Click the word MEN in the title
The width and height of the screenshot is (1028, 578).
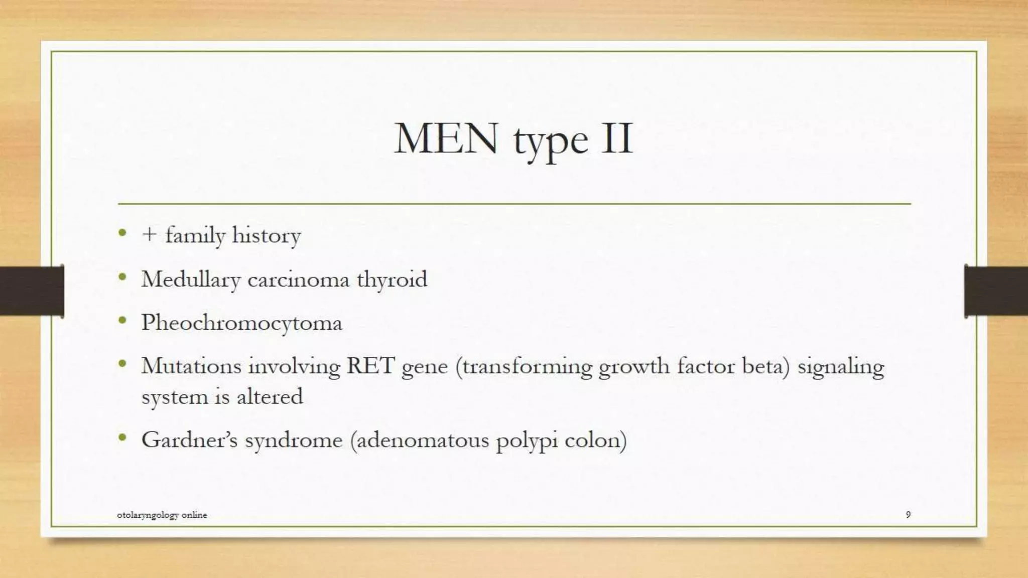pos(446,138)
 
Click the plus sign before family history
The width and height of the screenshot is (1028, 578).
pos(149,234)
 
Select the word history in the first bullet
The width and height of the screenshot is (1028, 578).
pos(267,235)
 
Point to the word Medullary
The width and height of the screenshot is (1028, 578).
pos(191,279)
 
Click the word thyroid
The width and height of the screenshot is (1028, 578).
pos(392,279)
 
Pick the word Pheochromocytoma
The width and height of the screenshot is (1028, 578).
pos(241,323)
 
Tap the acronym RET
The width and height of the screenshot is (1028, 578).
pos(370,366)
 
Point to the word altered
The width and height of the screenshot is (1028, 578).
pos(270,396)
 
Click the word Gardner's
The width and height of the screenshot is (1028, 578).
pos(189,440)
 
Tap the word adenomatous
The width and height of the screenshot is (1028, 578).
pos(421,440)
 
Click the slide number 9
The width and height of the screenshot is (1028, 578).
pos(908,514)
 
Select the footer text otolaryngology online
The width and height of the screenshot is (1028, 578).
pos(162,515)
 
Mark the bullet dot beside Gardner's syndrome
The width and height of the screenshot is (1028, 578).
pos(122,438)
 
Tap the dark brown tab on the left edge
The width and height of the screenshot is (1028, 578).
pos(32,291)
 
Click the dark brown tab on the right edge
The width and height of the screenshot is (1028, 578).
pos(996,291)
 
